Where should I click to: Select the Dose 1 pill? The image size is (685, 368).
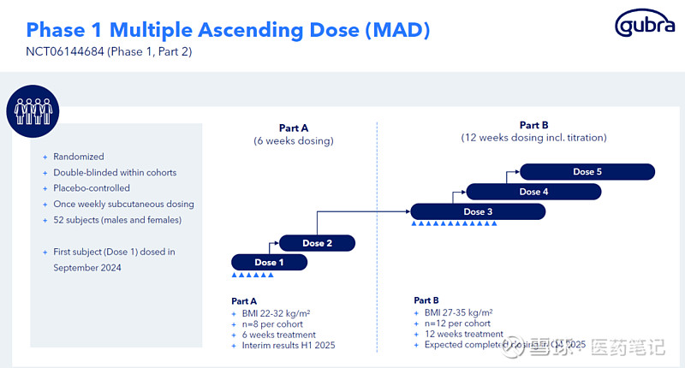pos(269,263)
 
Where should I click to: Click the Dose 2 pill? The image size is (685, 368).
pos(317,243)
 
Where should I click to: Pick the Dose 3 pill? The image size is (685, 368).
pos(478,211)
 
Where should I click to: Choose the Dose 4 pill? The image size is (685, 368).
pos(533,192)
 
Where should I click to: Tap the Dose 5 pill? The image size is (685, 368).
pos(587,172)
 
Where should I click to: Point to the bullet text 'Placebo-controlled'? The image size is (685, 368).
pos(92,188)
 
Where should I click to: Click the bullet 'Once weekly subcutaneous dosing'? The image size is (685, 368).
pos(123,205)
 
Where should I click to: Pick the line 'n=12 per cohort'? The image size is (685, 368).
pos(458,323)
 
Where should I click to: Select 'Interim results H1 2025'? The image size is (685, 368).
pos(289,345)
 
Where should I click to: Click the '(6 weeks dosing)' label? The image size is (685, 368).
pos(294,141)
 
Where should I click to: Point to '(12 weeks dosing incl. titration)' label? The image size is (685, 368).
pos(533,137)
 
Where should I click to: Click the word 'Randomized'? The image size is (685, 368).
pos(79,157)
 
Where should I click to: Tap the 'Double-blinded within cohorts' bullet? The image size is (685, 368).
pos(115,173)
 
